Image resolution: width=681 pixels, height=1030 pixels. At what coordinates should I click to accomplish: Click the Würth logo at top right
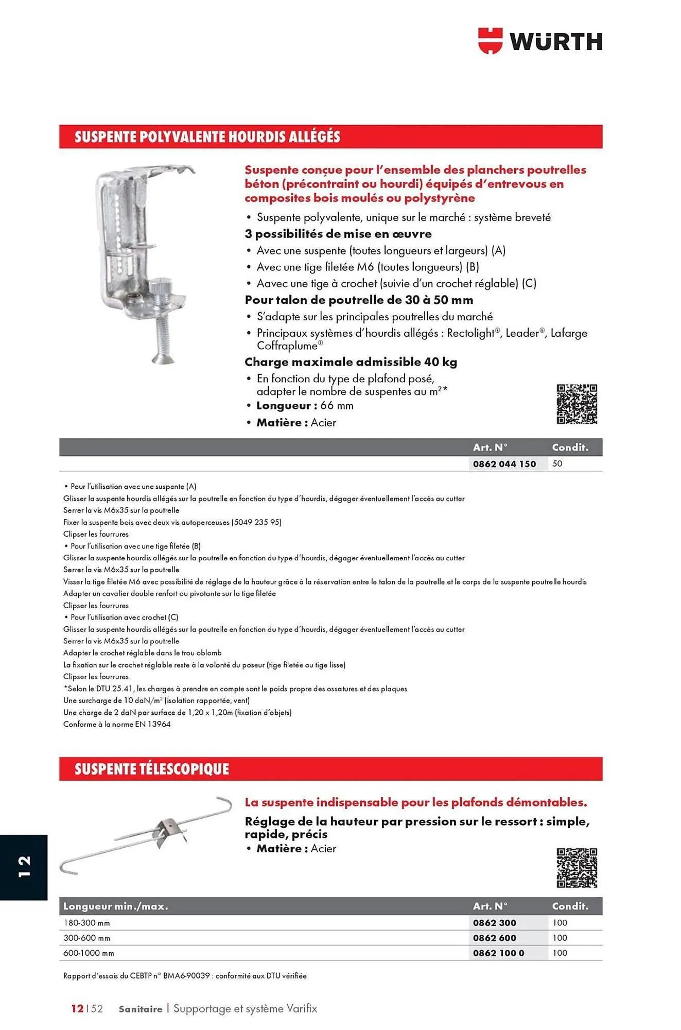[540, 41]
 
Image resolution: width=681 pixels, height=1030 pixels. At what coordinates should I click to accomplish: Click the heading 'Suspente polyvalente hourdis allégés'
[207, 137]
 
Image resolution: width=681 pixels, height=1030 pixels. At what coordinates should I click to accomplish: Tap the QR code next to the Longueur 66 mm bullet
[577, 404]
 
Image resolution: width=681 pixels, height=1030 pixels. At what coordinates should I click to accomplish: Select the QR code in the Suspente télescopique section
[577, 868]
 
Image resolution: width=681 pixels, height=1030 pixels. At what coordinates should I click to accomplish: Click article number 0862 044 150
[504, 464]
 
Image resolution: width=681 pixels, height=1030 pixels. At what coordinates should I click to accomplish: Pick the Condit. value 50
[557, 463]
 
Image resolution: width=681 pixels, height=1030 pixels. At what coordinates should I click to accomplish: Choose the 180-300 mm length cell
[86, 923]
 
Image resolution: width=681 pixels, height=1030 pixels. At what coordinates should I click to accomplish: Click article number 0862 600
[494, 938]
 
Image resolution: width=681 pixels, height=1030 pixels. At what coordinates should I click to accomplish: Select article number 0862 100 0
[498, 953]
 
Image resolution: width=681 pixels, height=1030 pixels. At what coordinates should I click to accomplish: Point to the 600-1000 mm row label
[89, 953]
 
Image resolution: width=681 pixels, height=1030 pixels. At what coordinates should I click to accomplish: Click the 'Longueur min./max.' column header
[115, 906]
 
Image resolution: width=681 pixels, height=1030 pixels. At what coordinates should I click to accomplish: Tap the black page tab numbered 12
[24, 867]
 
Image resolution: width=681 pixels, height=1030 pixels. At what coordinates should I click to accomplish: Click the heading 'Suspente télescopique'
[151, 769]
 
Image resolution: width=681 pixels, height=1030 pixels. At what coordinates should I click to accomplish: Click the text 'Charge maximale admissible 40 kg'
[351, 362]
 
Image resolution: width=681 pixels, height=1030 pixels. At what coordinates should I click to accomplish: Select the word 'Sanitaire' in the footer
[140, 1009]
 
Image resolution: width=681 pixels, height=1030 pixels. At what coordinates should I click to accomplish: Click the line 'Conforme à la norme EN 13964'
[117, 724]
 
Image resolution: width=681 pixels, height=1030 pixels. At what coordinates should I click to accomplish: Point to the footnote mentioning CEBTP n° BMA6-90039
[185, 975]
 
